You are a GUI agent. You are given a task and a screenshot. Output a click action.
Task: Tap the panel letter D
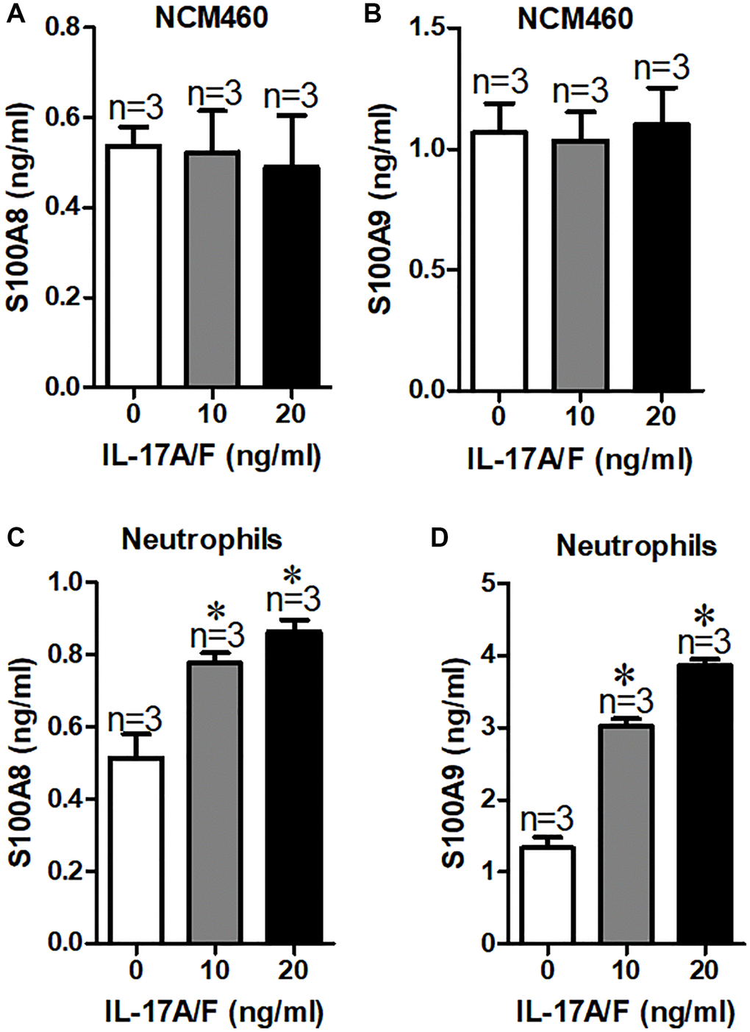(x=440, y=538)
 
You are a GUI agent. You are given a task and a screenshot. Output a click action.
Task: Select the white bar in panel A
(x=133, y=266)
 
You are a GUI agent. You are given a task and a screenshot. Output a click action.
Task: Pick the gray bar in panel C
(x=215, y=802)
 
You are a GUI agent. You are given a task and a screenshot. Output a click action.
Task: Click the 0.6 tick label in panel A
(x=64, y=118)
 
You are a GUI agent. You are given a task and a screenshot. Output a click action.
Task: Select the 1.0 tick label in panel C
(x=68, y=583)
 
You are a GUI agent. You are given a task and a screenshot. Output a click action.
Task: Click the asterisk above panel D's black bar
(x=704, y=615)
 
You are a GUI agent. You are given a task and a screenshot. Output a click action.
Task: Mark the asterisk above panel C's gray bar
(x=216, y=611)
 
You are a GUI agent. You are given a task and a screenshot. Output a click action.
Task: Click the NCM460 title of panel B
(x=575, y=18)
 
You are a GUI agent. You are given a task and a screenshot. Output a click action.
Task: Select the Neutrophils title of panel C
(x=201, y=539)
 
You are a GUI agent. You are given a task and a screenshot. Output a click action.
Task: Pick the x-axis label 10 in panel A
(x=212, y=413)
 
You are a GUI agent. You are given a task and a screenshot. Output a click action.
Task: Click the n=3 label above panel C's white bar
(x=135, y=720)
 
